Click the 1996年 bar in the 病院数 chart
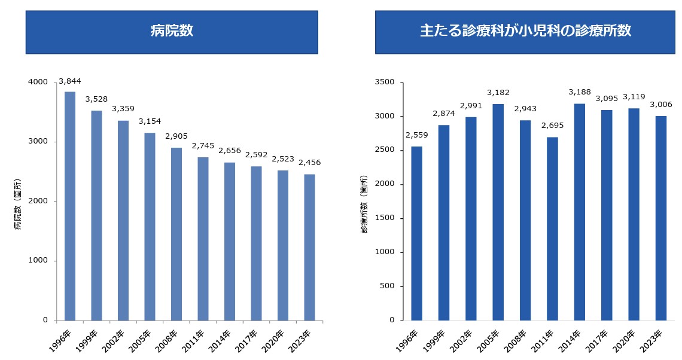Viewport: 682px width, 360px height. [x=70, y=206]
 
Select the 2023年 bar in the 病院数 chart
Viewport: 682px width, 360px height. [x=309, y=247]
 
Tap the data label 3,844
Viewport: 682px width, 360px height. [x=70, y=81]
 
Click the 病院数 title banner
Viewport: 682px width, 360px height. [x=172, y=32]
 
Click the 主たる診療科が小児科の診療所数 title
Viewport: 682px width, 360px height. [x=525, y=32]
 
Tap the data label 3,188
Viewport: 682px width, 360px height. [x=580, y=92]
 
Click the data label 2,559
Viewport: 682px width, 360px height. [x=417, y=135]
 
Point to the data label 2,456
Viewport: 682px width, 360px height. [x=309, y=162]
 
